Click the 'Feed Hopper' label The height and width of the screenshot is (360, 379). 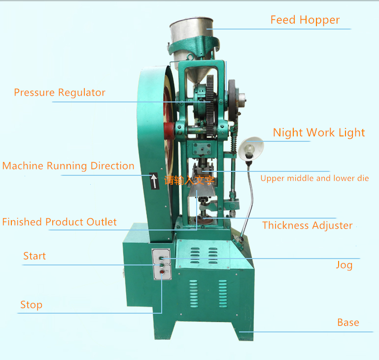(x=305, y=20)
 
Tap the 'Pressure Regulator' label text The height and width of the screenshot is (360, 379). (x=60, y=93)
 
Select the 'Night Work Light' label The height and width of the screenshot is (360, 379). (x=319, y=133)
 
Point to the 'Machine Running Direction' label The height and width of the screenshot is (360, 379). (x=68, y=166)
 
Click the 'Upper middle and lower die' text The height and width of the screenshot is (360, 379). (x=315, y=178)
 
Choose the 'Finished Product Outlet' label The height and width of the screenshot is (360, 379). (x=60, y=222)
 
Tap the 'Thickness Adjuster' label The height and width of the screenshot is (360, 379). (x=308, y=225)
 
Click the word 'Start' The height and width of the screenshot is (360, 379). (x=34, y=256)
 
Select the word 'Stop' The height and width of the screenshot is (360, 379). (x=32, y=305)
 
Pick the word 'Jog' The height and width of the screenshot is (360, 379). (x=344, y=265)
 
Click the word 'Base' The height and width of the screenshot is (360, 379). (x=348, y=323)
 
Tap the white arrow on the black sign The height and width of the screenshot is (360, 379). (x=154, y=181)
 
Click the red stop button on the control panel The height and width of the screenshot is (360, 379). (x=162, y=272)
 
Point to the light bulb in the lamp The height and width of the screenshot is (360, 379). (x=249, y=149)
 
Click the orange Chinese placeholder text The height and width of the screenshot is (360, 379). (x=189, y=180)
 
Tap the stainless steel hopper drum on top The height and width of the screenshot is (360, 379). (x=192, y=30)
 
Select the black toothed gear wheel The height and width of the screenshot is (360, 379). (x=210, y=106)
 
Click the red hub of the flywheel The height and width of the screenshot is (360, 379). (x=169, y=131)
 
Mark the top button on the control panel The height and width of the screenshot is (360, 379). (x=161, y=259)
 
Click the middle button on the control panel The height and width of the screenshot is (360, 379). (x=162, y=265)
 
